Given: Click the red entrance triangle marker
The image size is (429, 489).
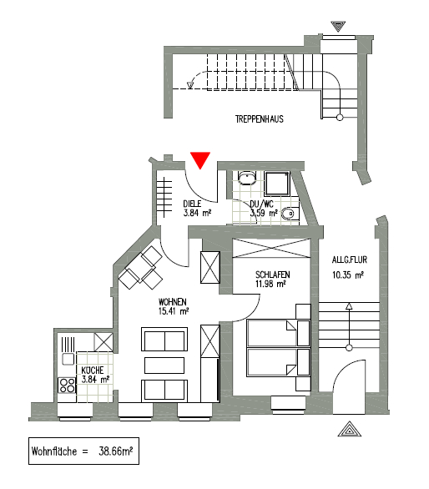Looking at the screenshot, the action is coord(200,160).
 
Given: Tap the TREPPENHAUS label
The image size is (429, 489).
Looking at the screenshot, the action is coord(260,119).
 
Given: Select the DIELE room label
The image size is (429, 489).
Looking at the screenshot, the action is coord(192,204).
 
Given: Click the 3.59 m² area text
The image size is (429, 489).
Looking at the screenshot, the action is coord(264,214).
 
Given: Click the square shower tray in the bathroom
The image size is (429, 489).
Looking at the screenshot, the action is coord(277,184).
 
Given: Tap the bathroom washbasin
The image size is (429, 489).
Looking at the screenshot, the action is coord(247,178).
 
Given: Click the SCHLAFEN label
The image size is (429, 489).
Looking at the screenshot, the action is coord(273,275).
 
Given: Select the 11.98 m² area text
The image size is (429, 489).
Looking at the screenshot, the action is coord(270,284).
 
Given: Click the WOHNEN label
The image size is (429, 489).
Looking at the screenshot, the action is coord(173,302).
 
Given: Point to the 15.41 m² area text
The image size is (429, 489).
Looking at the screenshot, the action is coord(174,311).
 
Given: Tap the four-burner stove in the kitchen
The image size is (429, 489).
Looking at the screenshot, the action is coord(67,386).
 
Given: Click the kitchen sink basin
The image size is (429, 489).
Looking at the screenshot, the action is coord(68,359).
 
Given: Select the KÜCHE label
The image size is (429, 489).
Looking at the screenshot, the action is coord(93,371).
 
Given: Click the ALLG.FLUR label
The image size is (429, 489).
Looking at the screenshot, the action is coord(350,260).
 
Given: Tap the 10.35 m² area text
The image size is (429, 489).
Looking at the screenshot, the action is coord(347,275).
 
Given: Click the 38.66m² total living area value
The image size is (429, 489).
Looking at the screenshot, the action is coord(115,451).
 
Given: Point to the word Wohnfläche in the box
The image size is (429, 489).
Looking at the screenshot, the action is coord(54,451).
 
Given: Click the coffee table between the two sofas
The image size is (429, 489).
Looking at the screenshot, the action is coord(164,365).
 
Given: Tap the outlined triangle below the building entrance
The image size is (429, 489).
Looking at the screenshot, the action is coord(350,429).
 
